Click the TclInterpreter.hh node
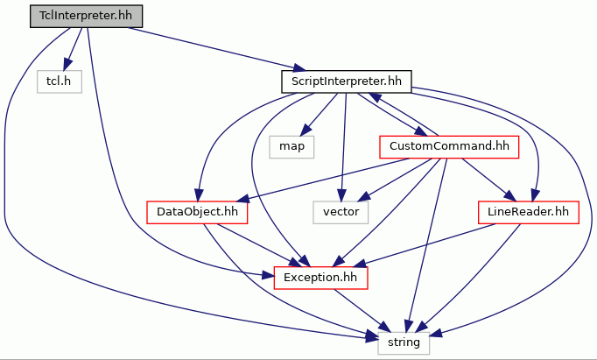(x=86, y=16)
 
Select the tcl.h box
(x=59, y=81)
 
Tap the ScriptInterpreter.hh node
(x=347, y=81)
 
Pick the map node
(x=291, y=147)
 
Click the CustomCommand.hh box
(x=449, y=147)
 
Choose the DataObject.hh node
(x=197, y=212)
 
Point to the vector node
(x=341, y=212)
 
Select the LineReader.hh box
(x=528, y=212)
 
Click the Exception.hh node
(x=320, y=278)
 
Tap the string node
(x=404, y=342)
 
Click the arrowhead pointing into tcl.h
(x=67, y=65)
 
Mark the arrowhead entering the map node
(x=305, y=131)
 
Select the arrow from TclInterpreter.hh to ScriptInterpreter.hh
(x=216, y=49)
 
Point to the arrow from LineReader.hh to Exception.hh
(x=426, y=244)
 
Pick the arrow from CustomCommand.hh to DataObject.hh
(x=324, y=180)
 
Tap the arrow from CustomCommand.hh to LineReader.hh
(x=488, y=180)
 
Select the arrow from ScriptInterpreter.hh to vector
(x=344, y=147)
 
